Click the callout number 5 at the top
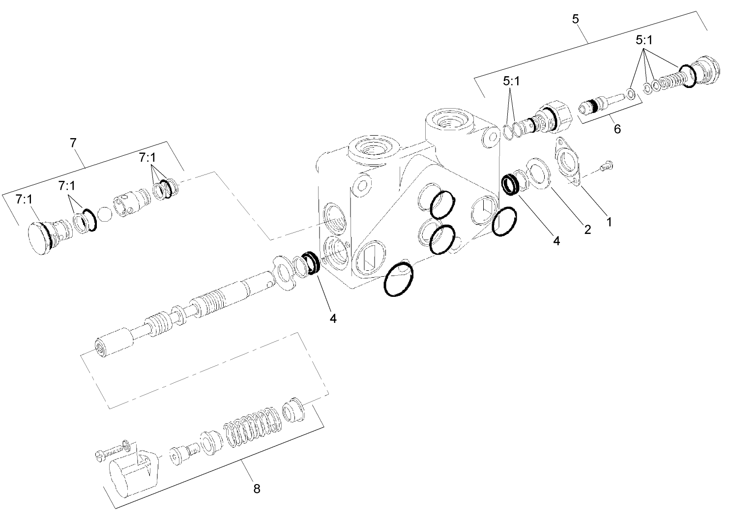[x=576, y=19]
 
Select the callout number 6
[x=617, y=129]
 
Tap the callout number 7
[x=73, y=143]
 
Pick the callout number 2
[x=587, y=230]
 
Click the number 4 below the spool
[x=333, y=318]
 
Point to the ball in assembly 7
[x=105, y=215]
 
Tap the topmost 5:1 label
[x=643, y=41]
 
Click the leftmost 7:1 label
[x=24, y=199]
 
